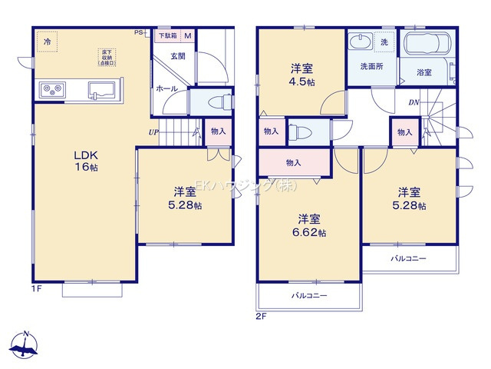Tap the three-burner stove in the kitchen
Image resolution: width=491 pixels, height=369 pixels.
pyautogui.click(x=53, y=90)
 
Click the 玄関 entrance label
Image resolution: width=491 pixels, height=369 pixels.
pyautogui.click(x=178, y=56)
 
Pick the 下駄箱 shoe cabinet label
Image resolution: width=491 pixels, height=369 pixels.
pyautogui.click(x=166, y=35)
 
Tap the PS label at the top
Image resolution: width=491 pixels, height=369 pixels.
pyautogui.click(x=139, y=33)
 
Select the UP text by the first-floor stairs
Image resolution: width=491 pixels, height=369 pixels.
pyautogui.click(x=154, y=131)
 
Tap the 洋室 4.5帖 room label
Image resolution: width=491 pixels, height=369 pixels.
pyautogui.click(x=302, y=72)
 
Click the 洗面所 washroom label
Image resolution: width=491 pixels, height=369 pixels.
pyautogui.click(x=372, y=66)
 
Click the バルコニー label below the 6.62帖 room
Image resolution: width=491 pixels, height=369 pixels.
pyautogui.click(x=309, y=295)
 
